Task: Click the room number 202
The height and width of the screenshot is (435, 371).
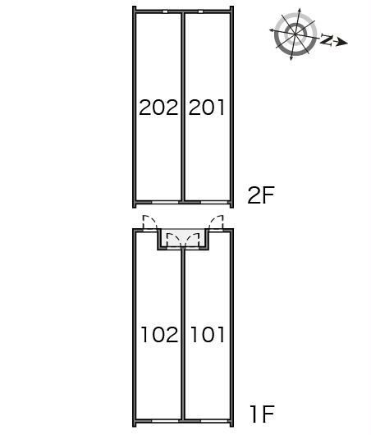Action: (x=158, y=108)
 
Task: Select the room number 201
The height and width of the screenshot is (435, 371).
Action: (x=207, y=108)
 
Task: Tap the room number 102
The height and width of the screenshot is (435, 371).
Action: (x=159, y=334)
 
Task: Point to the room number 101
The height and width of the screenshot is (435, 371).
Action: (x=207, y=334)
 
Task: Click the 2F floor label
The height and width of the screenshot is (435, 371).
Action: (x=261, y=195)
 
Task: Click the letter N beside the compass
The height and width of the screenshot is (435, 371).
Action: (x=327, y=39)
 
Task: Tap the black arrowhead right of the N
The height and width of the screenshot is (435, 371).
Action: (x=343, y=43)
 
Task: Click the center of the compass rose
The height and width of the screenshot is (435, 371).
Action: (x=295, y=34)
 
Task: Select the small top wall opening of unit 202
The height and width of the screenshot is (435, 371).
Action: (x=165, y=11)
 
